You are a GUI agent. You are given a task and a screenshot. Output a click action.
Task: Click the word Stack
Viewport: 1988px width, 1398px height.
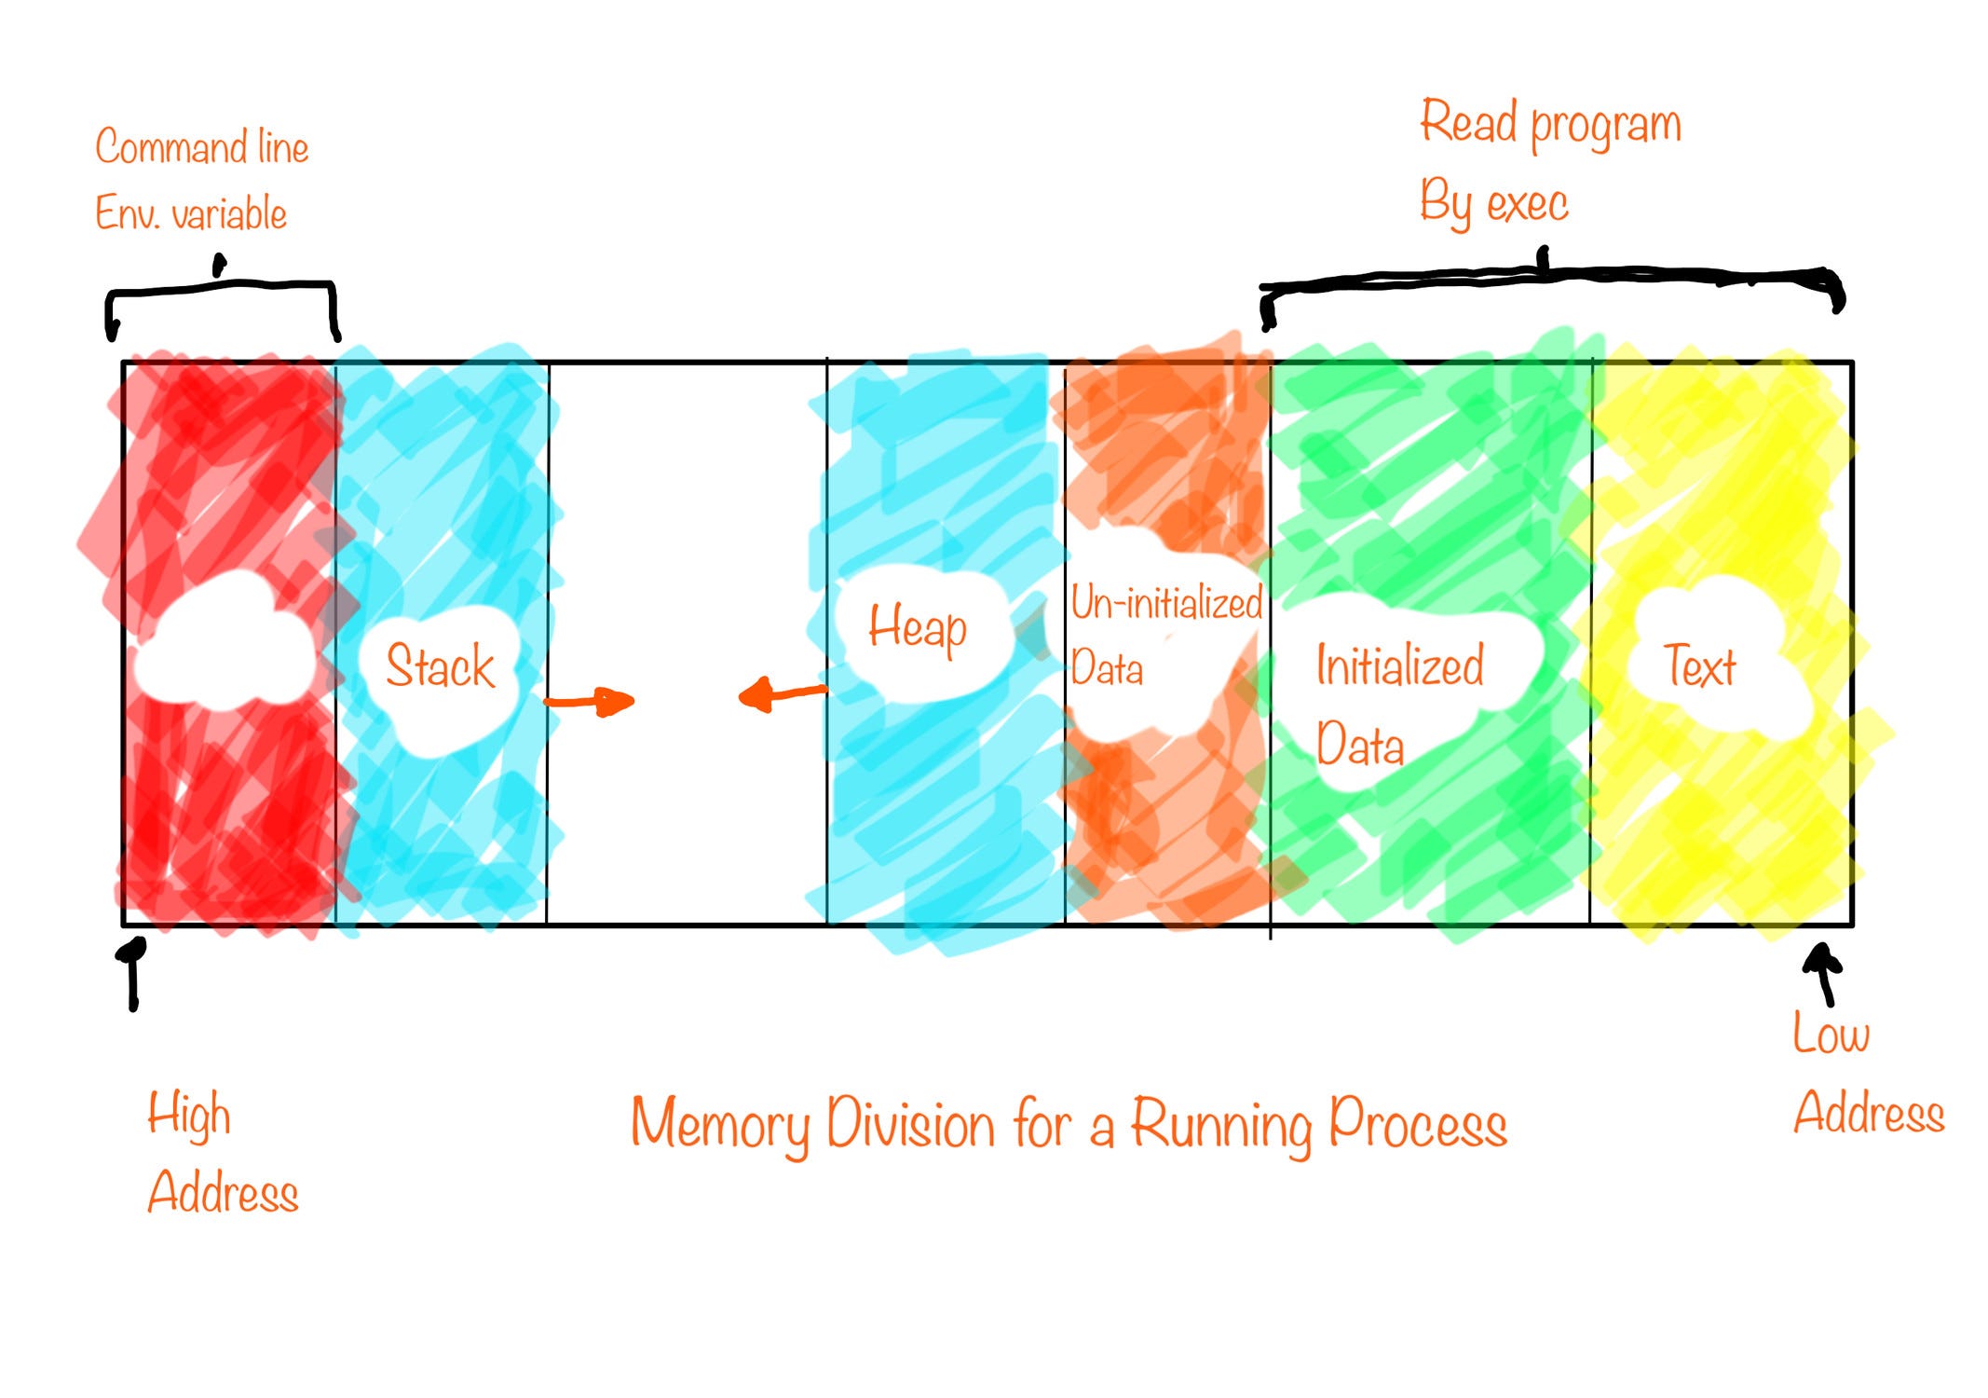[440, 665]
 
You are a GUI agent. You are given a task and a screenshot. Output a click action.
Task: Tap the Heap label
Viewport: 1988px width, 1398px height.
[918, 627]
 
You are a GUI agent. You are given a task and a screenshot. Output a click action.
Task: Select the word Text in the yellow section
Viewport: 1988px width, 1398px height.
[1699, 665]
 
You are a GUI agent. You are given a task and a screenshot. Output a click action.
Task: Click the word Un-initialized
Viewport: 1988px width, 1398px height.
[1165, 603]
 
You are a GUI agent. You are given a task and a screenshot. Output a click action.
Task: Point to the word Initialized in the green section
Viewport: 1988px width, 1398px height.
[1399, 665]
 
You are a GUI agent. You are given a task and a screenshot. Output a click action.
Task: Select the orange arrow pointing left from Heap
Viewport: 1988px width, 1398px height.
[781, 693]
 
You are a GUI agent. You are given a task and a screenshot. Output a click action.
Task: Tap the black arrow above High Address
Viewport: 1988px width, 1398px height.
[133, 971]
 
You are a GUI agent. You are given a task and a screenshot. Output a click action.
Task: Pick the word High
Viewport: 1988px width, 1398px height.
[188, 1115]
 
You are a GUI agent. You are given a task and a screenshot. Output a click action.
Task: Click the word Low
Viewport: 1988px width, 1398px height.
[1831, 1034]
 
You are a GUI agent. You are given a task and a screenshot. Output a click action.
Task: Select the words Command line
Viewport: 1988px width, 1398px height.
[201, 147]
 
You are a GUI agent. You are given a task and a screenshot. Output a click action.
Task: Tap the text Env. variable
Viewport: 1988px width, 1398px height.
[191, 213]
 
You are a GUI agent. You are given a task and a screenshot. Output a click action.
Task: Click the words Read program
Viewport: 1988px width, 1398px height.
[1550, 125]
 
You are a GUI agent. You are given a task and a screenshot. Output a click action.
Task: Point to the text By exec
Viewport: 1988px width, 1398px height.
[1493, 203]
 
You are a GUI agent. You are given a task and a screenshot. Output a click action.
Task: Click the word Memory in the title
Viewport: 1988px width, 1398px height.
[719, 1125]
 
